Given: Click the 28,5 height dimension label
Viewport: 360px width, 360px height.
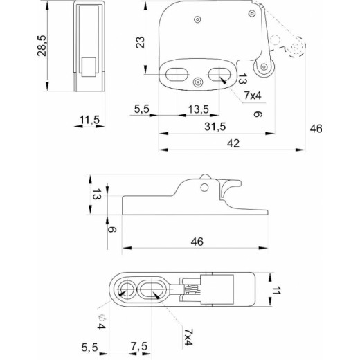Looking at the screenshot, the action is pos(42,46).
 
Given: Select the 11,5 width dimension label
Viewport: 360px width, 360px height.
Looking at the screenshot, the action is pos(89,120).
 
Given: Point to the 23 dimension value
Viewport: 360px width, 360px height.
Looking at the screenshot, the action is pos(140,42).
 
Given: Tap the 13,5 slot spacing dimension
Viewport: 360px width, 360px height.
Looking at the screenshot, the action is pos(199,109).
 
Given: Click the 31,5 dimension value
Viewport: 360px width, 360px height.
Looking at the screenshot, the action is pos(215,127).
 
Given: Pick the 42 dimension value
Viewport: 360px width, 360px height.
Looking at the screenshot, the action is pos(233,143).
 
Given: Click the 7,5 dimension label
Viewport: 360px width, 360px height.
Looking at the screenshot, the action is pos(139,346).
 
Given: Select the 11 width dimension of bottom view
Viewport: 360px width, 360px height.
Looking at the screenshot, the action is pos(276,290).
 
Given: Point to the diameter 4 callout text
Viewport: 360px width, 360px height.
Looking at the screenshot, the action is pos(101,322).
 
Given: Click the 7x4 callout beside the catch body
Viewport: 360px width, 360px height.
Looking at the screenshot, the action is pos(253,96).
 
